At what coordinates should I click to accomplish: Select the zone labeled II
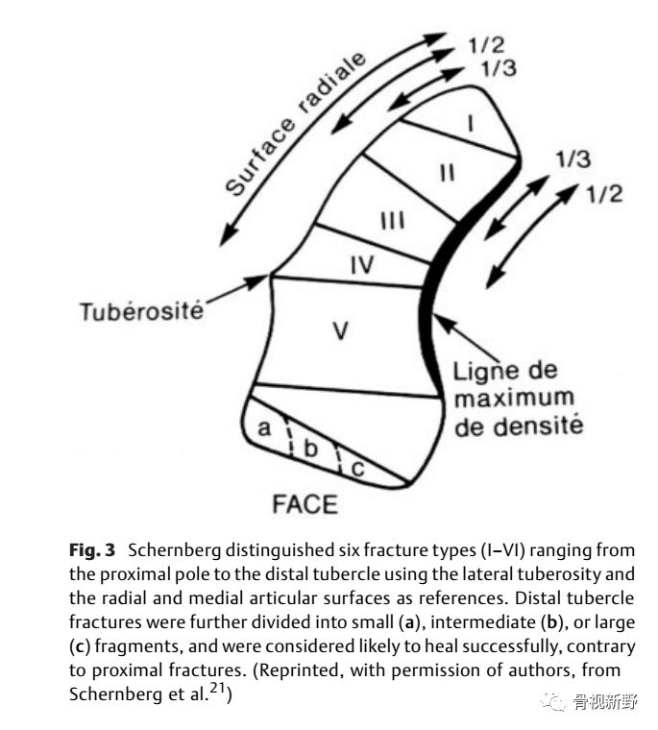pos(447,173)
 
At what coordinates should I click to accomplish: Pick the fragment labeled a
pos(265,429)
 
